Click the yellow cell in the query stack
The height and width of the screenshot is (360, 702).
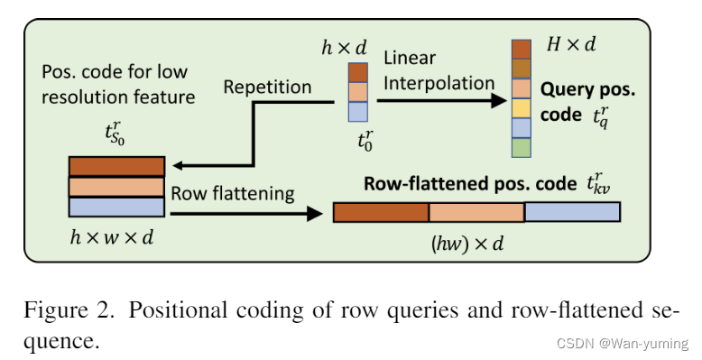pyautogui.click(x=522, y=108)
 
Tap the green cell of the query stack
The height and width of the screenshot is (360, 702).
pyautogui.click(x=522, y=148)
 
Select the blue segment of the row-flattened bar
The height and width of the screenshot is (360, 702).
pyautogui.click(x=572, y=212)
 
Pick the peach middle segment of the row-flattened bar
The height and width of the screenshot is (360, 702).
pyautogui.click(x=476, y=212)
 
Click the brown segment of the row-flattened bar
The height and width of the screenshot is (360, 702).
pyautogui.click(x=381, y=212)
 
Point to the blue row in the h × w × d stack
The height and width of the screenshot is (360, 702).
pyautogui.click(x=116, y=207)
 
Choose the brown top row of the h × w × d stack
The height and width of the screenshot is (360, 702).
pyautogui.click(x=116, y=166)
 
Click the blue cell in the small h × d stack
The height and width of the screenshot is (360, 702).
pyautogui.click(x=358, y=112)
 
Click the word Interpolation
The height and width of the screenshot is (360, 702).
pyautogui.click(x=439, y=82)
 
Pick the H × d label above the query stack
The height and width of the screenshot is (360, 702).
pyautogui.click(x=571, y=42)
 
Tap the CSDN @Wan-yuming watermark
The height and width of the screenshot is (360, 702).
pyautogui.click(x=633, y=344)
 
